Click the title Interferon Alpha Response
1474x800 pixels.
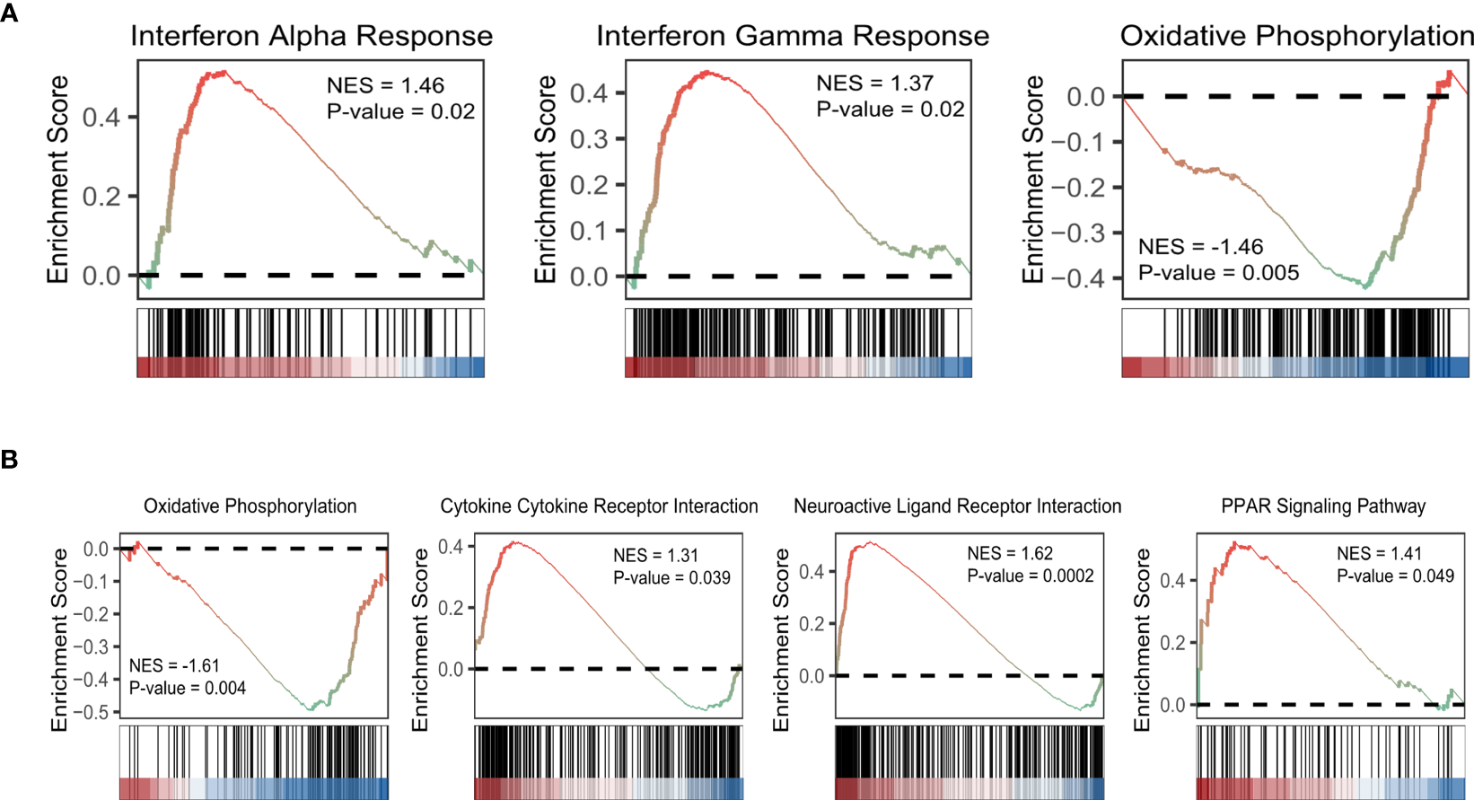(x=311, y=36)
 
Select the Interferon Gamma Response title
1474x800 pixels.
(x=793, y=36)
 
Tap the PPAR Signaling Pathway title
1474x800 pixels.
(x=1323, y=506)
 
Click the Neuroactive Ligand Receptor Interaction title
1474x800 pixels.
(x=957, y=506)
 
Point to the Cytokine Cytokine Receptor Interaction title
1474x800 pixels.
(x=599, y=506)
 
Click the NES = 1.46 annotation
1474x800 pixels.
(x=385, y=85)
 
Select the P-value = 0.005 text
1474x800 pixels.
(x=1218, y=273)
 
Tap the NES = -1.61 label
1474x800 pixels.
(x=174, y=665)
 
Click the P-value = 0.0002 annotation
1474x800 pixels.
(x=1030, y=576)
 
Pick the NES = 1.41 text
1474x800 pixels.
(x=1379, y=553)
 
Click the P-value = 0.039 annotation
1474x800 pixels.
(x=671, y=577)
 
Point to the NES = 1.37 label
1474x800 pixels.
(x=874, y=84)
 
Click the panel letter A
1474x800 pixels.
(x=9, y=14)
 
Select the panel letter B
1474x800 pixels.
(x=9, y=460)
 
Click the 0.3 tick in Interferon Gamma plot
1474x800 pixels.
(x=589, y=139)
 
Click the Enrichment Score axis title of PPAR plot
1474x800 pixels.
(x=1142, y=639)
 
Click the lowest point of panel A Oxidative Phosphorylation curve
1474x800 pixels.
(x=1365, y=286)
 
